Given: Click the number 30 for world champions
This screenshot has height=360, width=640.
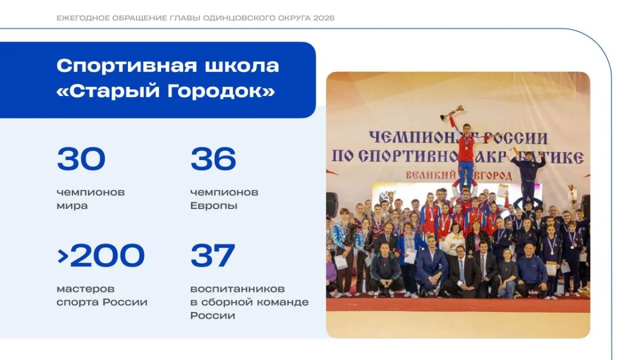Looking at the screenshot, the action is coord(81,159).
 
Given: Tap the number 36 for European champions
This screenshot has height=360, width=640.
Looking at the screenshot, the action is coord(213,159).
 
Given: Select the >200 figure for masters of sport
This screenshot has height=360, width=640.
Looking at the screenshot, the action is coord(101,255).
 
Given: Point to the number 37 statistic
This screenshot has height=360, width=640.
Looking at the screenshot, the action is coord(213,255).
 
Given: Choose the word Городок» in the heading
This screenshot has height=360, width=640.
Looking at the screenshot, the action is coord(221,91).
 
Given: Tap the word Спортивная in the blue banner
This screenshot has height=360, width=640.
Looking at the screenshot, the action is coord(127,66).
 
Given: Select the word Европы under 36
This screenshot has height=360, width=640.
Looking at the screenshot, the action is coord(214,206).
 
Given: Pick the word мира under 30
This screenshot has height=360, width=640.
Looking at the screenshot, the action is coord(72,206).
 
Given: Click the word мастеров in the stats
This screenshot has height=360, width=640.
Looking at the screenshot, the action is coord(86,289).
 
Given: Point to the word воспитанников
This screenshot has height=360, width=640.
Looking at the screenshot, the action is coord(237,289).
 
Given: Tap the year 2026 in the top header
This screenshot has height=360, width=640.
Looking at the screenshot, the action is coord(324,18).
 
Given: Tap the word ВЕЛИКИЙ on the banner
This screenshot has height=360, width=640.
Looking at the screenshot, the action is coord(430,174).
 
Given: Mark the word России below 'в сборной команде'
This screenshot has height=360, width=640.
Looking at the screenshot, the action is coord(213,316).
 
